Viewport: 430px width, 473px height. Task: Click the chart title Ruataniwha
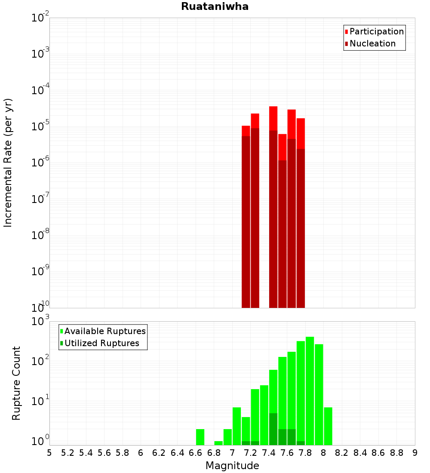click(215, 6)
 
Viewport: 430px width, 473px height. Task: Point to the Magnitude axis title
click(232, 466)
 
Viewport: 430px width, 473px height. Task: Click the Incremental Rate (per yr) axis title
click(8, 163)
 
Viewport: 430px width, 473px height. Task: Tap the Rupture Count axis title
click(16, 383)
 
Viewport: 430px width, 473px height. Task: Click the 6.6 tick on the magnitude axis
click(196, 453)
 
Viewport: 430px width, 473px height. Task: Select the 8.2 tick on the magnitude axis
click(342, 453)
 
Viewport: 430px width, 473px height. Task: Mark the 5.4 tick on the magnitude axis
click(86, 453)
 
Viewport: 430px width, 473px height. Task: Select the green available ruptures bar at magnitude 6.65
click(200, 437)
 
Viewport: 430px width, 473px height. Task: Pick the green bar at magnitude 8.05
click(328, 426)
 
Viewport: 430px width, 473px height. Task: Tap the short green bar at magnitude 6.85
click(218, 443)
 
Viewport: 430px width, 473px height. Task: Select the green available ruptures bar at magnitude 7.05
click(236, 426)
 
